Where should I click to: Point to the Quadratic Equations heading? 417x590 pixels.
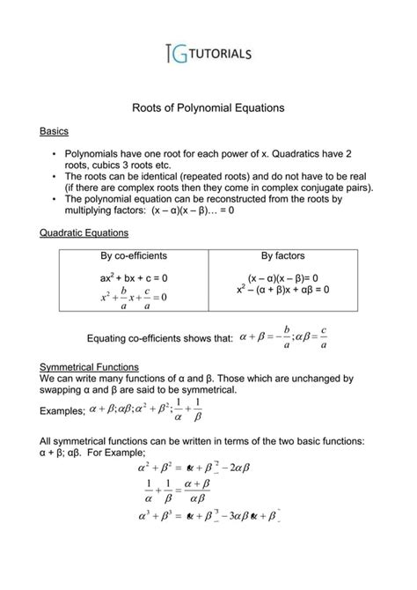(85, 233)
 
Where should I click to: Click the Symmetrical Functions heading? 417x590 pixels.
(90, 365)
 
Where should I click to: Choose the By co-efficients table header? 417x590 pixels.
(134, 256)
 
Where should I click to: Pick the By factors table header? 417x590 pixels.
(283, 256)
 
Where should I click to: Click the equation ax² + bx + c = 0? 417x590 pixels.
(134, 277)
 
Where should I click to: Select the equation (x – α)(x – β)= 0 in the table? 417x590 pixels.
(283, 277)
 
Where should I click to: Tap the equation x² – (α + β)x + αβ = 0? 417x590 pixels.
(283, 289)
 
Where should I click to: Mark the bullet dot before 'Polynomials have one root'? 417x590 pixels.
(55, 153)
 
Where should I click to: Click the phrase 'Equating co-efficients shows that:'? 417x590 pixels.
(161, 337)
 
